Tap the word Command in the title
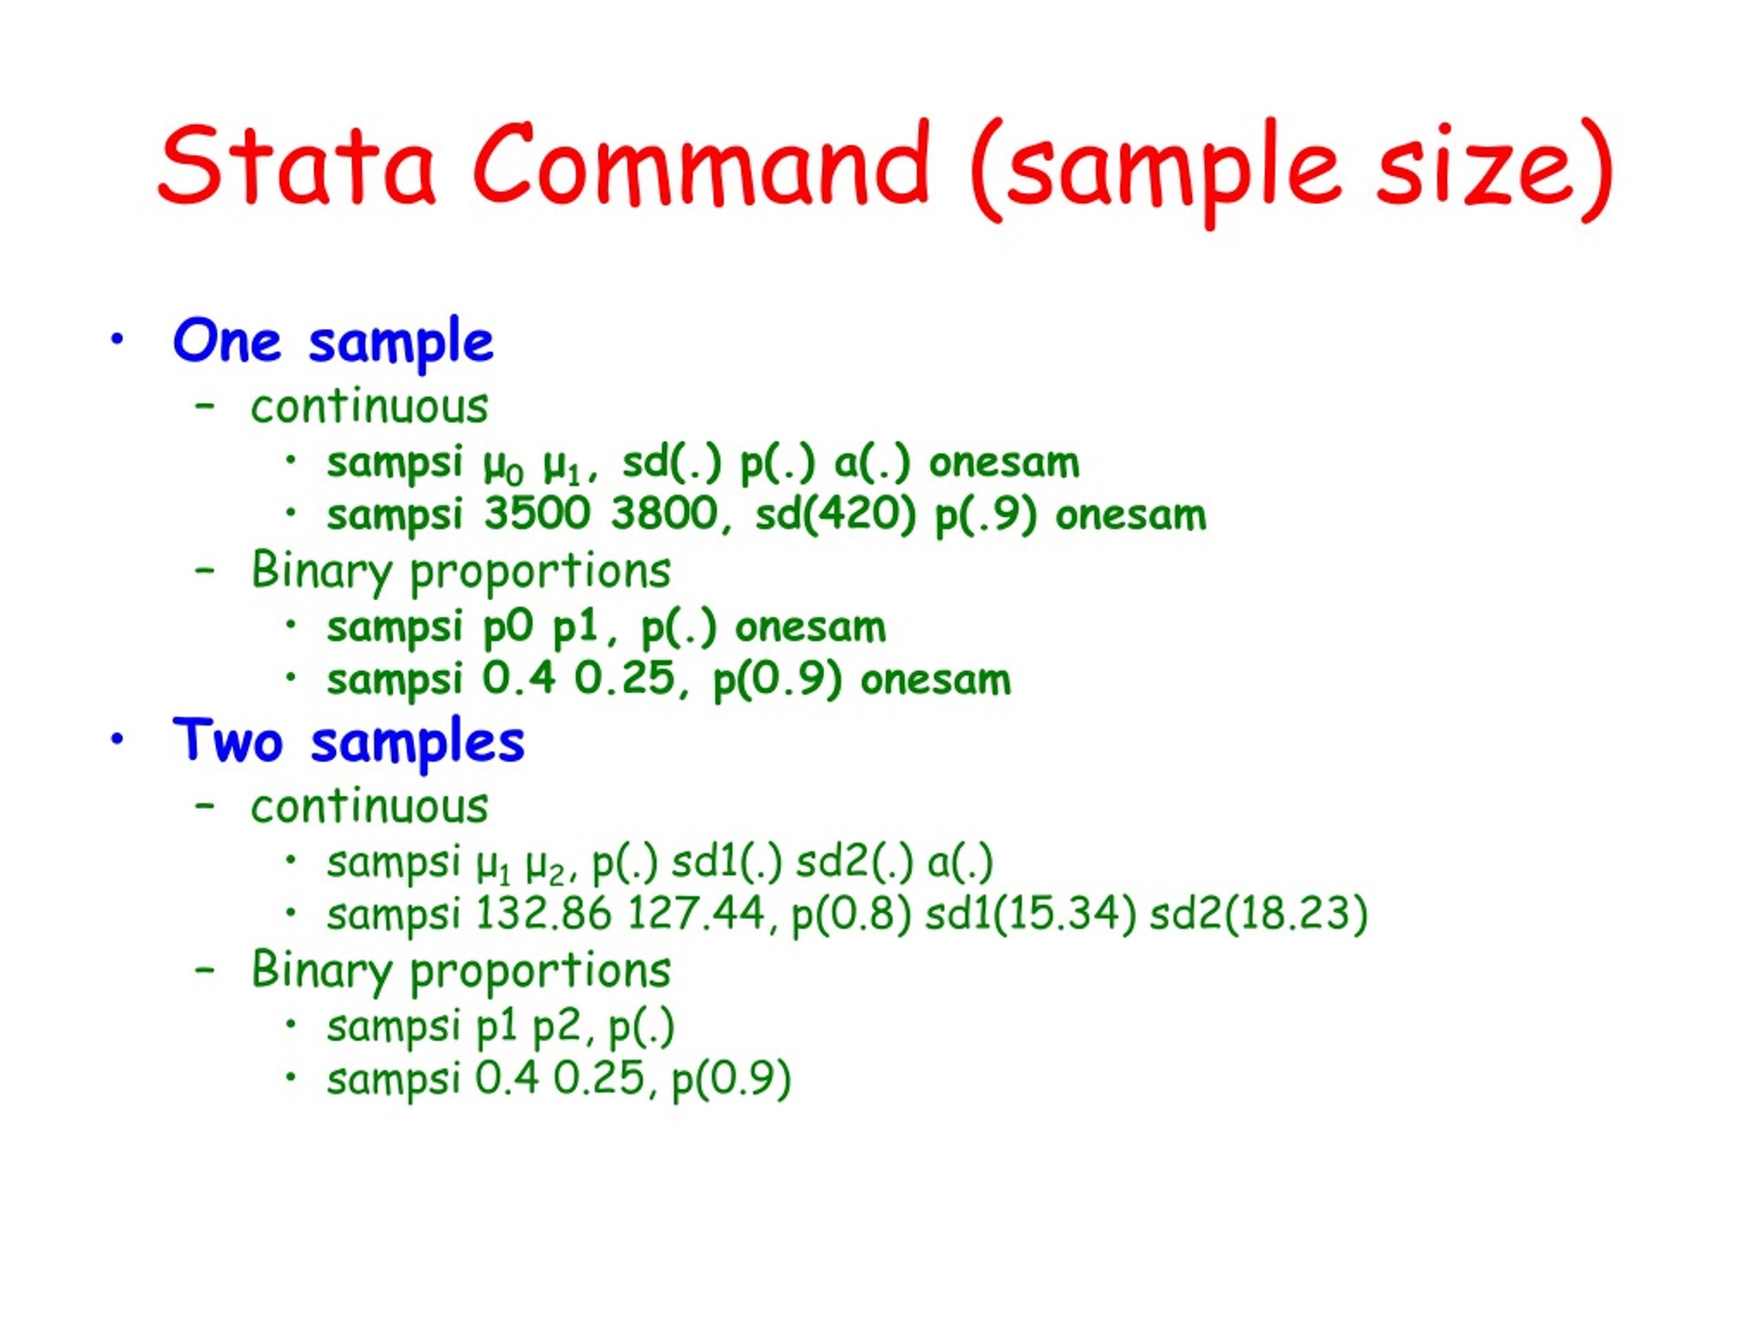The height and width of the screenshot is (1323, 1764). click(x=701, y=166)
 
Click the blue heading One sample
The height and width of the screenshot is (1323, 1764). click(x=333, y=342)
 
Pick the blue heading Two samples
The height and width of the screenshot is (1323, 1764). click(x=348, y=741)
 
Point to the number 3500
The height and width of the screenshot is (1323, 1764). click(x=537, y=514)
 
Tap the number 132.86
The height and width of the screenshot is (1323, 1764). click(x=543, y=914)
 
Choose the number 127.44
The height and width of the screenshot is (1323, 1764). click(x=696, y=914)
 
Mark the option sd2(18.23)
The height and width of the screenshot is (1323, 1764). click(x=1258, y=914)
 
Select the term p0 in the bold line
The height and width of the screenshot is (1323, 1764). click(x=507, y=628)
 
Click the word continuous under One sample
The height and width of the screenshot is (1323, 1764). click(x=369, y=407)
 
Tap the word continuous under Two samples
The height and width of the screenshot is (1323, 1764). click(x=369, y=806)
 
